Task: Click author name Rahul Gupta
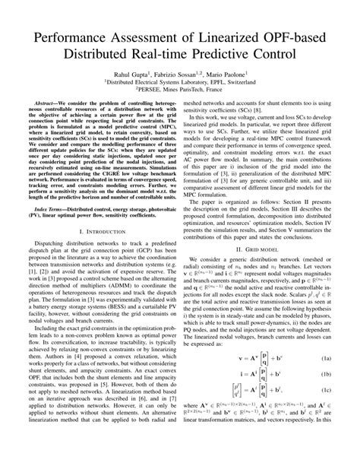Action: (125, 74)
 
